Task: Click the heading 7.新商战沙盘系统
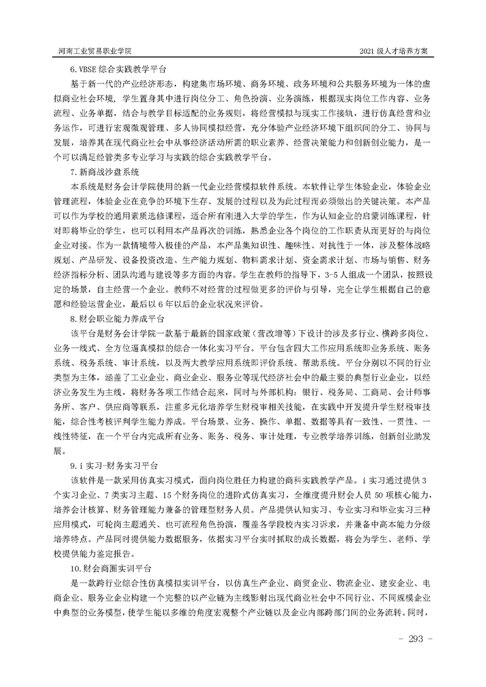click(x=105, y=171)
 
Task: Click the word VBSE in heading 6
click(x=88, y=69)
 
